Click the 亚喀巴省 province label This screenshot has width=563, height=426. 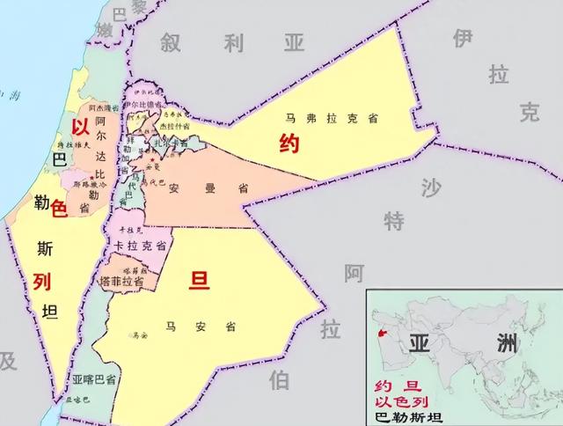coord(94,380)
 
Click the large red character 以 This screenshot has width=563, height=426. coord(82,127)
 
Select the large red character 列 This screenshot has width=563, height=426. coord(42,282)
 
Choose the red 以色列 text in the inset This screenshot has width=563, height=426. coord(399,402)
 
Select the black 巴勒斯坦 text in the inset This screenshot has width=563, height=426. coord(409,417)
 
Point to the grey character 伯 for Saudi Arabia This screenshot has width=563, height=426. coord(280,379)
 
